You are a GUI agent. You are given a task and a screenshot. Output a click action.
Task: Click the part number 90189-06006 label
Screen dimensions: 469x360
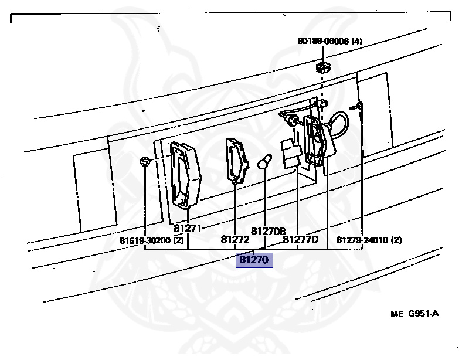tap(323, 41)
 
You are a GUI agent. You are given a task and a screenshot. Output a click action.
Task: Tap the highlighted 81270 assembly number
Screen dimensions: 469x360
tap(254, 259)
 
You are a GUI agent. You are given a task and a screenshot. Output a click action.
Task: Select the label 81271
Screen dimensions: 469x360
tap(188, 227)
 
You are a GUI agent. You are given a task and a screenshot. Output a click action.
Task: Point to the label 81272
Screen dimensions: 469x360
tap(235, 239)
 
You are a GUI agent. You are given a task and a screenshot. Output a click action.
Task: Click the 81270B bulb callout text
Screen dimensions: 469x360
tap(268, 231)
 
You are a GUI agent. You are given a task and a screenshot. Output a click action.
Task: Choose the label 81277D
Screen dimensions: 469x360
tap(301, 239)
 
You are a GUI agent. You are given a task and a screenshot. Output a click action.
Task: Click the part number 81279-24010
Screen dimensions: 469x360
tap(363, 240)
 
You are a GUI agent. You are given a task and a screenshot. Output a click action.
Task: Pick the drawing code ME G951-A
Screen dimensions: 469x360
tap(414, 313)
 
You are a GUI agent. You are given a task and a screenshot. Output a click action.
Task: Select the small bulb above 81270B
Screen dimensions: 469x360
tap(265, 161)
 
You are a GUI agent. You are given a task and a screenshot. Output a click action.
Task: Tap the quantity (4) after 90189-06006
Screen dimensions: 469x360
tap(356, 41)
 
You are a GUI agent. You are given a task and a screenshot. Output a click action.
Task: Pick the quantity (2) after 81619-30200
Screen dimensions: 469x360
tap(178, 240)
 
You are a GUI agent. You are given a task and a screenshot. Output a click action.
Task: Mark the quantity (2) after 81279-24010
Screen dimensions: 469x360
tap(396, 240)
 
